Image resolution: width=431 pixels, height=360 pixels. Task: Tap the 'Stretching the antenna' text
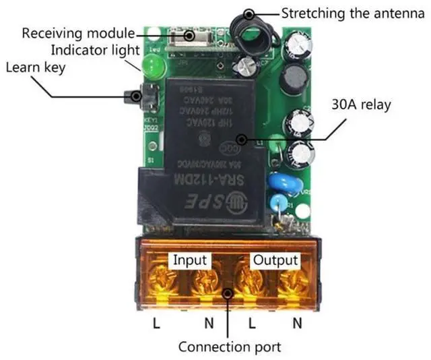click(x=343, y=13)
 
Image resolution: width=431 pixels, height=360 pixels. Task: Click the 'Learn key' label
click(x=34, y=68)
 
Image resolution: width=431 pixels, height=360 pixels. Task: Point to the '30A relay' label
click(x=360, y=105)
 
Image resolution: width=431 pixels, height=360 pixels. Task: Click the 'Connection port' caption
click(x=229, y=347)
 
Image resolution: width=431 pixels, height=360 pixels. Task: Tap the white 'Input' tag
click(x=191, y=260)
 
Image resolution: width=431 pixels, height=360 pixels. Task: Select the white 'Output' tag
click(x=275, y=260)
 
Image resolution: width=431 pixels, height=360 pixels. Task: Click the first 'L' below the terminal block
click(x=156, y=324)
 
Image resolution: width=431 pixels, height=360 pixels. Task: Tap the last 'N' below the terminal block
click(x=297, y=324)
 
